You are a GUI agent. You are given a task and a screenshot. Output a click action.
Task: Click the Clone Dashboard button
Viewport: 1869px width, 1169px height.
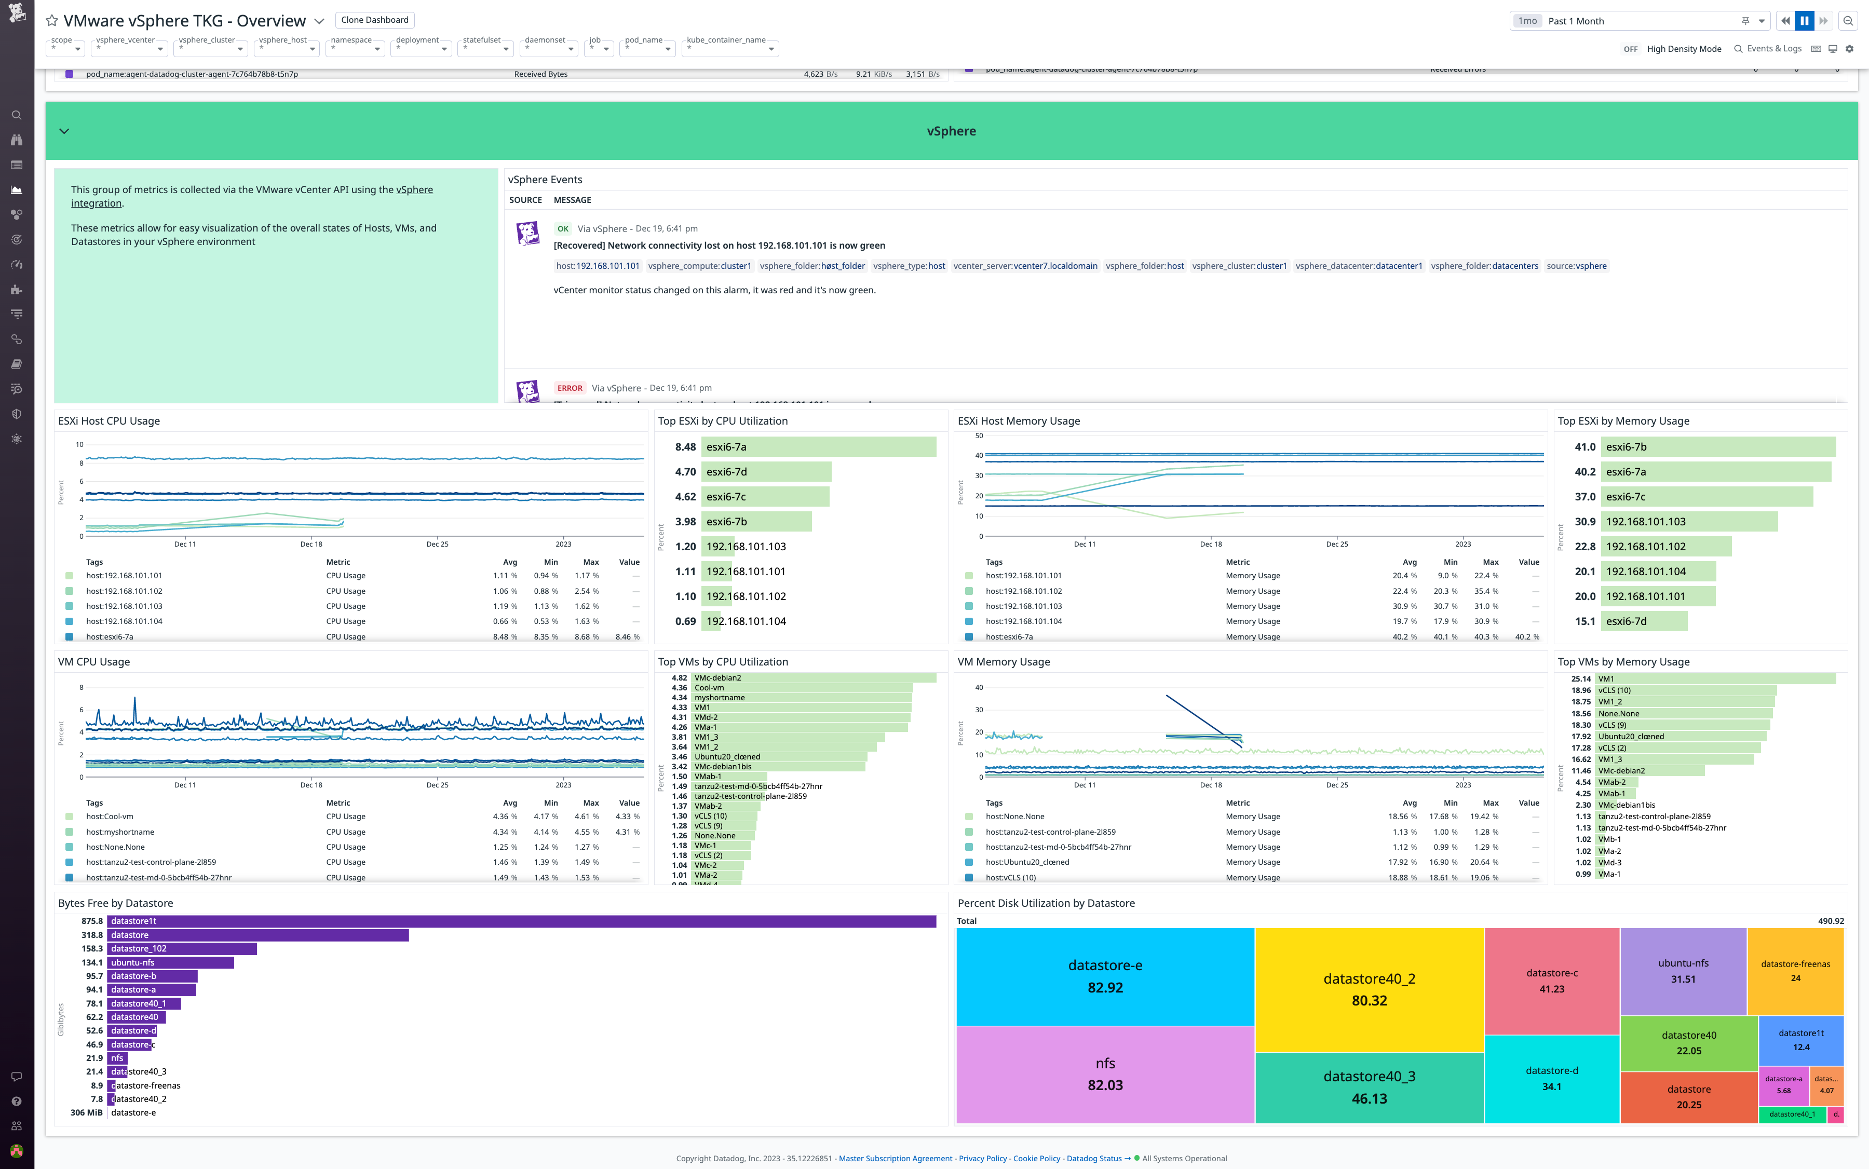pyautogui.click(x=374, y=20)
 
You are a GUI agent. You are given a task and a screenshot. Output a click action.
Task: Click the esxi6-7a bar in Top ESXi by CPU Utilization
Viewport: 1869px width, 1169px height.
pyautogui.click(x=818, y=447)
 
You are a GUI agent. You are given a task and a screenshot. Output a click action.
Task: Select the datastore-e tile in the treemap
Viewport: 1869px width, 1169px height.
pyautogui.click(x=1104, y=976)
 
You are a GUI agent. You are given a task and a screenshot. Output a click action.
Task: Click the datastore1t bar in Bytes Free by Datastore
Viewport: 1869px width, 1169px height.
pyautogui.click(x=521, y=921)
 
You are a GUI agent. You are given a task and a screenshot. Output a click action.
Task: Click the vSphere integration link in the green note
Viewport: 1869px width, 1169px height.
pyautogui.click(x=414, y=190)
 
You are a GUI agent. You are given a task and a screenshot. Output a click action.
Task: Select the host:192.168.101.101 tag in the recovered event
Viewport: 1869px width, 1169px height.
pyautogui.click(x=597, y=266)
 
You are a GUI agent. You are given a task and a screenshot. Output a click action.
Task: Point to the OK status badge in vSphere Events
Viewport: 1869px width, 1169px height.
pyautogui.click(x=562, y=229)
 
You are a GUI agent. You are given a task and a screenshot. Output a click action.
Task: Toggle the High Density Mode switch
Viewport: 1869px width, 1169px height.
pyautogui.click(x=1630, y=49)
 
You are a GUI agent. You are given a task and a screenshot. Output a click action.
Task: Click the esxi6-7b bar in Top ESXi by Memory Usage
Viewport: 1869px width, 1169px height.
pyautogui.click(x=1717, y=447)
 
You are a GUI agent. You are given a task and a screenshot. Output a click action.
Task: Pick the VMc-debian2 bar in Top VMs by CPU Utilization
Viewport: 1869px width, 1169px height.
pyautogui.click(x=814, y=678)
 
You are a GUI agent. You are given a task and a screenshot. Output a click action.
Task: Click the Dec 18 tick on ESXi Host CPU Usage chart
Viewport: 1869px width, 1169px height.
pyautogui.click(x=311, y=545)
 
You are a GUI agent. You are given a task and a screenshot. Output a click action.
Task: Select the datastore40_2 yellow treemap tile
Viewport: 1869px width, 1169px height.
pyautogui.click(x=1369, y=989)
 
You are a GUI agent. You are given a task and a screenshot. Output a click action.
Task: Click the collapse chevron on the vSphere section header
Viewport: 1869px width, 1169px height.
pyautogui.click(x=64, y=131)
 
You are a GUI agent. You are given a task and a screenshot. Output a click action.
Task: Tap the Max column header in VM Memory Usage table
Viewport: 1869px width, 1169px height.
pyautogui.click(x=1490, y=804)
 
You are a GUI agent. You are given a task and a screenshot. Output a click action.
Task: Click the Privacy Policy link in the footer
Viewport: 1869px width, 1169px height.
pyautogui.click(x=982, y=1158)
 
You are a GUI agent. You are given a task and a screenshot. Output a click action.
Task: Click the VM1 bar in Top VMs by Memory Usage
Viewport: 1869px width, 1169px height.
pyautogui.click(x=1715, y=679)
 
